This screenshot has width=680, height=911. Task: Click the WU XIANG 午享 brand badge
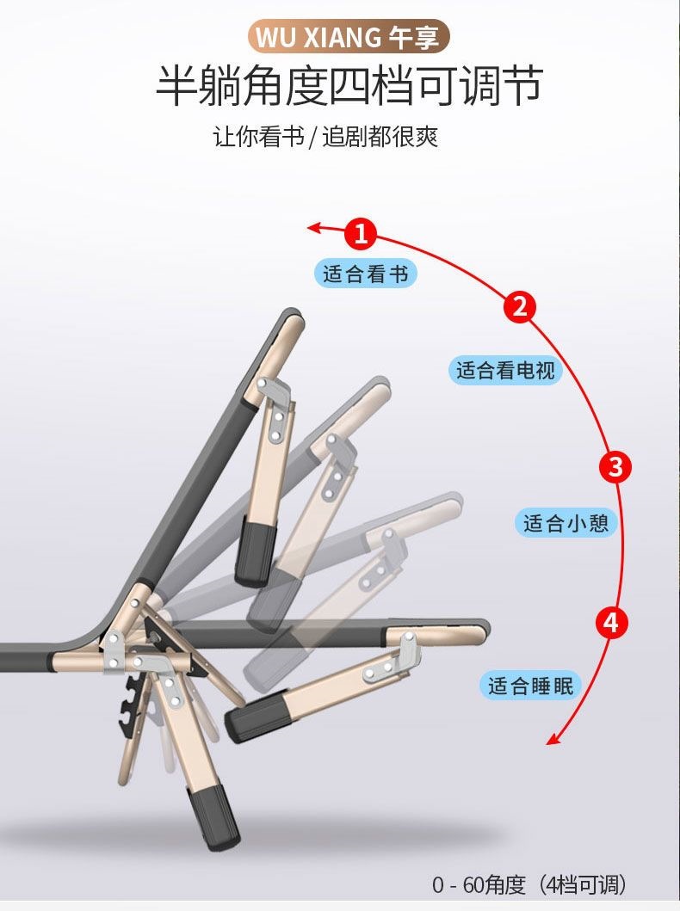[x=349, y=37]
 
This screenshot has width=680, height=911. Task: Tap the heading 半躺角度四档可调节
[x=349, y=86]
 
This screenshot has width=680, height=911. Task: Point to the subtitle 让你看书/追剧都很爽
[x=325, y=137]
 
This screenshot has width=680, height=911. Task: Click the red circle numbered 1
[x=361, y=234]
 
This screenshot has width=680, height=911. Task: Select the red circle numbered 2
[x=520, y=306]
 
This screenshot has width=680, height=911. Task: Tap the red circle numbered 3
[x=615, y=466]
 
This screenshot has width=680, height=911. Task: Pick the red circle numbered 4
[x=611, y=623]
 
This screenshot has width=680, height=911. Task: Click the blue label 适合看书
[x=366, y=274]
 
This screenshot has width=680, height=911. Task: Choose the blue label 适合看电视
[x=505, y=370]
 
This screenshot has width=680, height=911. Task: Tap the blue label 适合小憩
[x=566, y=524]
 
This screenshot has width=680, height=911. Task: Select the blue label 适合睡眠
[x=530, y=686]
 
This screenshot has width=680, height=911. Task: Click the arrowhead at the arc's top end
[x=314, y=227]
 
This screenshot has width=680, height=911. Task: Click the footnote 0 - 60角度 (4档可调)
[x=529, y=885]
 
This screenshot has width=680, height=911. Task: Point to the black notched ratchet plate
[x=128, y=706]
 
